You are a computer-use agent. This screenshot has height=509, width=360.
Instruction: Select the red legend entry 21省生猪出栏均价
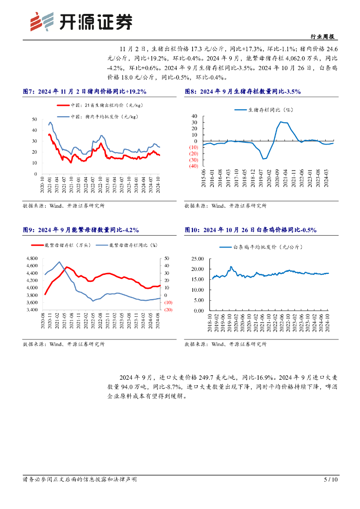click(95, 105)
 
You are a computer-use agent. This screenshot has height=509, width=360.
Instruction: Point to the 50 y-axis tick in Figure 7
click(34, 119)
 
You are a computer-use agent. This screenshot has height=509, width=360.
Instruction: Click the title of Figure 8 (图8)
click(243, 91)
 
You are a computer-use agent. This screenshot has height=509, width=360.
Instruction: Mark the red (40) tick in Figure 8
click(193, 166)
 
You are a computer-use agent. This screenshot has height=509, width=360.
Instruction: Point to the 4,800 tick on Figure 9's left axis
click(31, 258)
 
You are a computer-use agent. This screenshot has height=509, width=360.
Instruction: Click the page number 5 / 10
click(331, 480)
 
